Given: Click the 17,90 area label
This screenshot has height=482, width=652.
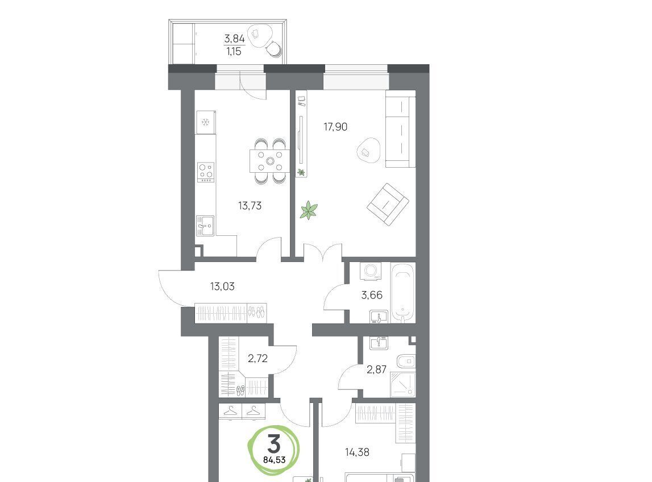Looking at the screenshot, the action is [335, 126].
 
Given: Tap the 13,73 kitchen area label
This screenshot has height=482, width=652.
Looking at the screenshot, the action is [250, 205].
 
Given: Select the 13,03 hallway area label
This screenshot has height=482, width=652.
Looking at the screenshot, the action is [222, 286].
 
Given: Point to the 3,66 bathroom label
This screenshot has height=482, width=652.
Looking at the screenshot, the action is [372, 295].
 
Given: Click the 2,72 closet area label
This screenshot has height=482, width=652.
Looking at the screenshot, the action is [258, 358].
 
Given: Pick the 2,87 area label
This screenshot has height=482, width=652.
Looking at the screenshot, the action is [377, 369].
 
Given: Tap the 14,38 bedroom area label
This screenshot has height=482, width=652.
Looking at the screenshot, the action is [357, 452].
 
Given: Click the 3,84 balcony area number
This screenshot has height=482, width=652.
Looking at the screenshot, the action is [235, 39].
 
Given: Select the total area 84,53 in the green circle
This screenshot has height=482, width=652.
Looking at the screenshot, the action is [274, 460].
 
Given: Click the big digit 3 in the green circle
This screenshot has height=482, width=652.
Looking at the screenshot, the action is [274, 443].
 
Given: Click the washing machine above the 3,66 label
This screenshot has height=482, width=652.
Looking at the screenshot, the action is [370, 271].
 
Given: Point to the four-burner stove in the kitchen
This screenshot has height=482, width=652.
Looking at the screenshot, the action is [206, 172].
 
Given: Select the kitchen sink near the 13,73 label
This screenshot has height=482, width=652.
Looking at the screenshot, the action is [205, 226].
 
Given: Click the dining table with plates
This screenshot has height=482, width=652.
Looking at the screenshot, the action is [270, 161].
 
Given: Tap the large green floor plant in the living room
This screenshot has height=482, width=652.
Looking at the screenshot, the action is [309, 210].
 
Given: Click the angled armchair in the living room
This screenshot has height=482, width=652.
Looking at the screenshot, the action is [388, 205].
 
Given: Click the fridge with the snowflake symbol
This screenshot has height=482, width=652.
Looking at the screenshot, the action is [206, 122].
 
